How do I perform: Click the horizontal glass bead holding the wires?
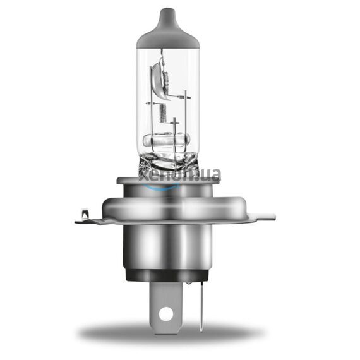tap(167, 140)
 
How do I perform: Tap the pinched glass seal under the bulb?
tap(168, 158)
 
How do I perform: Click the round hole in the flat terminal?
tap(165, 312)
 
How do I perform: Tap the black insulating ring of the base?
tap(168, 275)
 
